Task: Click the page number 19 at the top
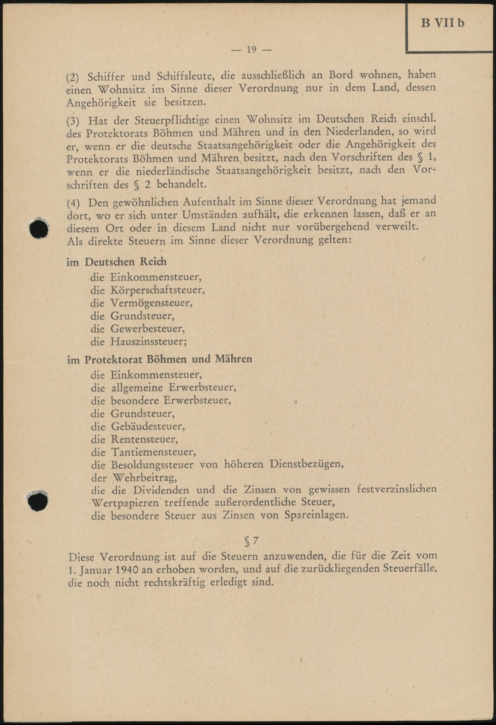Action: coord(251,50)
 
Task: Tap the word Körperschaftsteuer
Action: coord(157,290)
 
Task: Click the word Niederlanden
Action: coord(358,132)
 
